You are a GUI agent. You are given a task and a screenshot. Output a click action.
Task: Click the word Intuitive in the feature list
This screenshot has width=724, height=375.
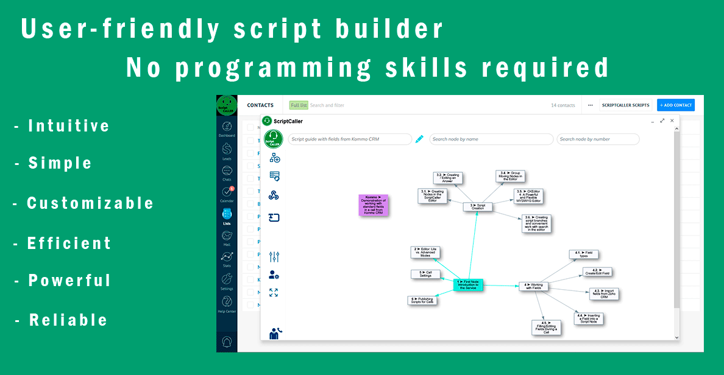[x=69, y=127]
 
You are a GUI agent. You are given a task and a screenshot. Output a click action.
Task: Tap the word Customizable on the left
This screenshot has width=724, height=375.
[x=90, y=203]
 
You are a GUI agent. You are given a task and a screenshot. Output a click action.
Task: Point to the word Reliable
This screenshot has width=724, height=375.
[x=68, y=320]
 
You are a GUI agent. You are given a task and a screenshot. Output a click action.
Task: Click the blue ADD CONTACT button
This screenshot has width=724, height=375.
[x=676, y=105]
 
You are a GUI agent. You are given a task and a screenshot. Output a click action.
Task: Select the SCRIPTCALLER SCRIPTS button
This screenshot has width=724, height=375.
[x=625, y=105]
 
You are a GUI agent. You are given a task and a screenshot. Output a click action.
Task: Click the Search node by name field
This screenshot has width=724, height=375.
[x=491, y=139]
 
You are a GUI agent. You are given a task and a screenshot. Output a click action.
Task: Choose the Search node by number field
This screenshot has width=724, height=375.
[x=598, y=139]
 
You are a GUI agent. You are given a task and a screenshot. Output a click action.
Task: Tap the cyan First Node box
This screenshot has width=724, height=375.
[x=468, y=284]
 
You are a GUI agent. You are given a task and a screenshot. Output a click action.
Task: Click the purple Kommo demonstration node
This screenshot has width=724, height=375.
[x=373, y=205]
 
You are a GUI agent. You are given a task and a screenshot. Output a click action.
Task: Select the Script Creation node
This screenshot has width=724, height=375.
[x=478, y=206]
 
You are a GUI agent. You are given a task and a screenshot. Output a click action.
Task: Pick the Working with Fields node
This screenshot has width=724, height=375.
[x=533, y=286]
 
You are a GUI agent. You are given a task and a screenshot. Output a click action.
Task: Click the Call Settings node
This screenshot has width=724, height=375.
[x=425, y=275]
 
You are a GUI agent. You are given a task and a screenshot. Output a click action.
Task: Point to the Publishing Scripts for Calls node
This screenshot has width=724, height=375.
[x=422, y=300]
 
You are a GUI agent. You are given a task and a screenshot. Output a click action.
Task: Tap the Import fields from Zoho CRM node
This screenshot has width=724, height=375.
[x=604, y=294]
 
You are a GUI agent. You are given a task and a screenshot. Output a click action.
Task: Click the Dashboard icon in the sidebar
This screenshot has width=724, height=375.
[x=227, y=128]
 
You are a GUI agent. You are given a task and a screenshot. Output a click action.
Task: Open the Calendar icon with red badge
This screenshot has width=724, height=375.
[x=227, y=193]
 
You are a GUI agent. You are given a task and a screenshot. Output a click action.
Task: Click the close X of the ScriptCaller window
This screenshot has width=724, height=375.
[x=672, y=121]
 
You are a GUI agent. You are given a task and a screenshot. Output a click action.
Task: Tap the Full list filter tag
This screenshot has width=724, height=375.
[x=299, y=105]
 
